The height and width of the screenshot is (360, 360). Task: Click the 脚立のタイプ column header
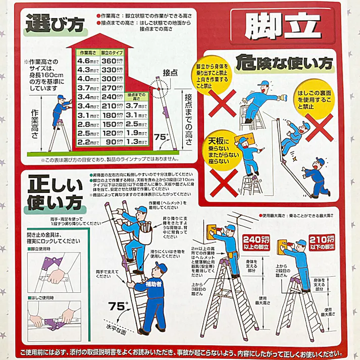coord(112,53)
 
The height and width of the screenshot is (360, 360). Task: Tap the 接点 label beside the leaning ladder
coord(170,73)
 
